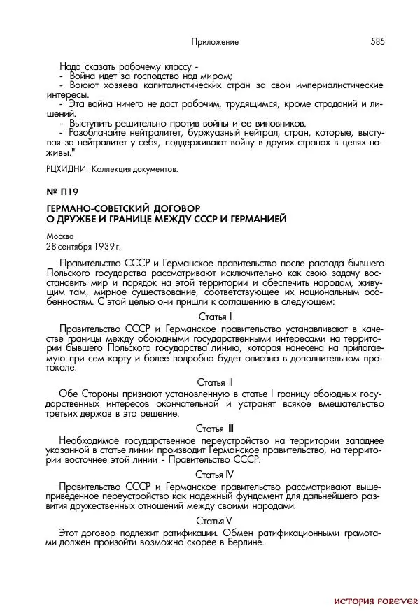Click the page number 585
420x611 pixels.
[x=377, y=41]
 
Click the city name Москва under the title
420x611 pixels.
[x=59, y=236]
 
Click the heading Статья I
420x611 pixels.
[x=215, y=316]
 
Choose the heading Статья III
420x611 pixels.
[x=215, y=428]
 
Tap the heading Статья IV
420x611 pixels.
[x=215, y=474]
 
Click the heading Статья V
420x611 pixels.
[x=215, y=520]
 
